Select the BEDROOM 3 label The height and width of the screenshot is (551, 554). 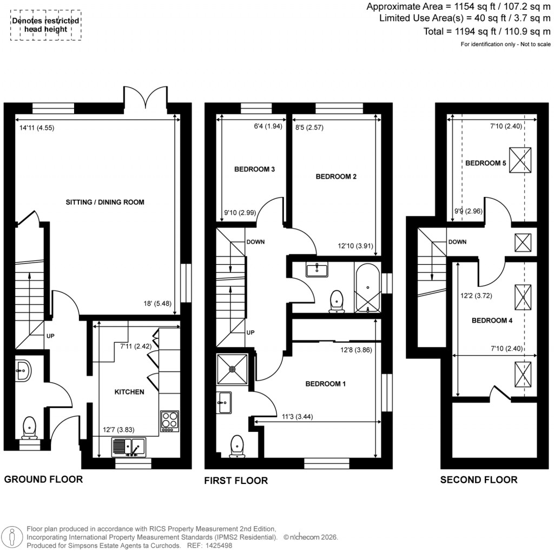(x=254, y=169)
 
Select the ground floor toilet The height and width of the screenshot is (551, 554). (x=29, y=428)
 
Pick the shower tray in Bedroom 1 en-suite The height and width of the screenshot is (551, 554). (x=233, y=370)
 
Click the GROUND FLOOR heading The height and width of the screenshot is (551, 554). (x=43, y=479)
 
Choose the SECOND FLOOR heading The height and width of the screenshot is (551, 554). (x=478, y=480)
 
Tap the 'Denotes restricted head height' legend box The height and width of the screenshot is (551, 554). (x=47, y=25)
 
